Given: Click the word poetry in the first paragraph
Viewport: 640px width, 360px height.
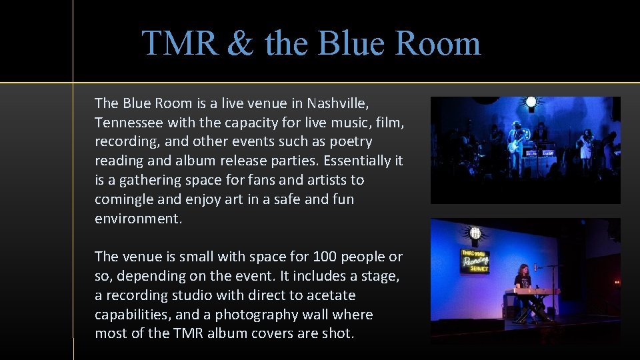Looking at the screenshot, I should point(349,142).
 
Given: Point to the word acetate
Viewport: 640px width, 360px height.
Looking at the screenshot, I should point(331,295).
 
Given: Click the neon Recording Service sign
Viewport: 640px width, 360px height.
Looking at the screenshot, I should point(475,261).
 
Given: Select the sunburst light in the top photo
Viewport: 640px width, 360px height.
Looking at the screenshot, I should point(531,103).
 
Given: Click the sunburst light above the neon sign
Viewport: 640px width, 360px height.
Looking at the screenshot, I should point(475,233).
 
